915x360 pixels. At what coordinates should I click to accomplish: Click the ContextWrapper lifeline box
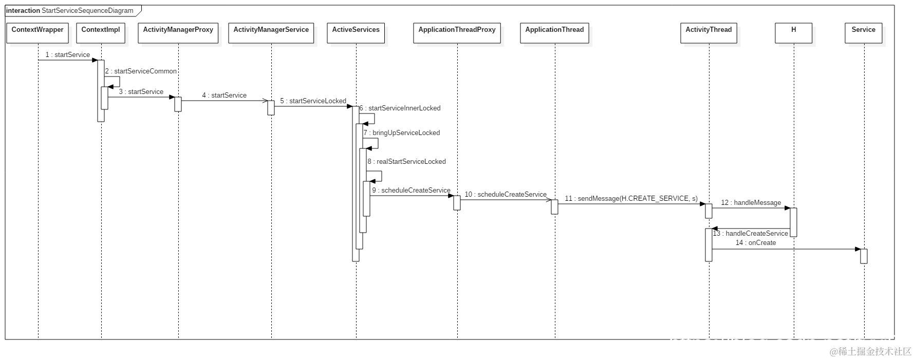tap(38, 32)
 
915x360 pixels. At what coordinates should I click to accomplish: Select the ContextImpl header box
tap(101, 32)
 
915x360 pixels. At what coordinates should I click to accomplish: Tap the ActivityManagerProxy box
tap(178, 32)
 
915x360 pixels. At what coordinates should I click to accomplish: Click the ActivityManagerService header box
tap(271, 32)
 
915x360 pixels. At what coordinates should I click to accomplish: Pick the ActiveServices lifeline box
tap(356, 32)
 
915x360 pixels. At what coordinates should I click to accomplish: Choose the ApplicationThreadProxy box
tap(457, 32)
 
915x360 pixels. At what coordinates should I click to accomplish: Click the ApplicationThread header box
tap(554, 32)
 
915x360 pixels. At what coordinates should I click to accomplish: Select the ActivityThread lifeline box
tap(708, 32)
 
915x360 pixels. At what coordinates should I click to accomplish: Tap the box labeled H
tap(793, 32)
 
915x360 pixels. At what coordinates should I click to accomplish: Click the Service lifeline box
tap(863, 32)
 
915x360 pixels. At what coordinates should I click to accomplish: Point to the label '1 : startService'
tap(67, 55)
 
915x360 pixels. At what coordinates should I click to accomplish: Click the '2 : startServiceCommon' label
tap(141, 71)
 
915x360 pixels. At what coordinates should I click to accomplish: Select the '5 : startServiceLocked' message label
tap(313, 101)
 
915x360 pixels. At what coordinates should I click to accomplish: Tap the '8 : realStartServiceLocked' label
tap(406, 162)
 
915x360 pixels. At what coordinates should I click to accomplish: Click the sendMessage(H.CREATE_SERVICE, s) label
tap(631, 199)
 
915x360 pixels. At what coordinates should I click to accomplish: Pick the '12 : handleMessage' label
tap(751, 203)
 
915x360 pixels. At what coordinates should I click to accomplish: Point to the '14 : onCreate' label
tap(755, 243)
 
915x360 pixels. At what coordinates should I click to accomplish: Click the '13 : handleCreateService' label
tap(751, 234)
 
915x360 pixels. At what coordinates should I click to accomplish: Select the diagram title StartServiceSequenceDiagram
tap(87, 11)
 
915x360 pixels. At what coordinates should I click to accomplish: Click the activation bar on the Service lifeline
tap(864, 256)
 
